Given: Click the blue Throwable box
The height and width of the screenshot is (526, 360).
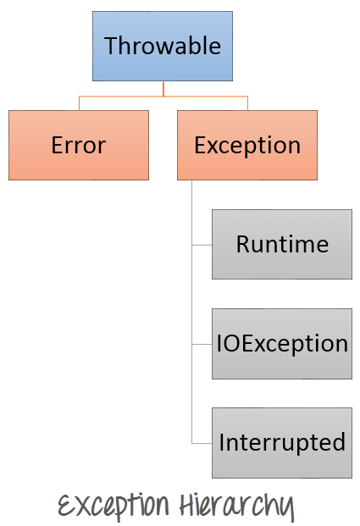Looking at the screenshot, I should pyautogui.click(x=163, y=46).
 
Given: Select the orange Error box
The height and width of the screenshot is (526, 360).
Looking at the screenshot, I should pyautogui.click(x=79, y=145).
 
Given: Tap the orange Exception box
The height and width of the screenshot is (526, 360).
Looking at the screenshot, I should pyautogui.click(x=247, y=145).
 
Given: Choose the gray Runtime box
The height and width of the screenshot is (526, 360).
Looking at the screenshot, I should pyautogui.click(x=282, y=244).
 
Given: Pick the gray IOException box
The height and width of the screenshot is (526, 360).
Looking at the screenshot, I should pyautogui.click(x=282, y=343).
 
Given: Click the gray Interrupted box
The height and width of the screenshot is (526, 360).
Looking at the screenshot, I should pyautogui.click(x=282, y=442).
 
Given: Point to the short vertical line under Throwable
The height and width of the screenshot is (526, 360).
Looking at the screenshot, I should pyautogui.click(x=163, y=89).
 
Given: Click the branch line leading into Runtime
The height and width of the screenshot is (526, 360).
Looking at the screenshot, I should pyautogui.click(x=202, y=245).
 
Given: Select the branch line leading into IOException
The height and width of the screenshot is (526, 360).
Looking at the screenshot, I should pyautogui.click(x=202, y=344).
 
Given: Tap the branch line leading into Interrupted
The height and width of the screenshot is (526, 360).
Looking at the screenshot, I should pyautogui.click(x=202, y=443).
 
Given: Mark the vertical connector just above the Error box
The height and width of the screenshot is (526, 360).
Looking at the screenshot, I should pyautogui.click(x=79, y=103).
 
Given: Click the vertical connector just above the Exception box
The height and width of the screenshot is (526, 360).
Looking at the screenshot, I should pyautogui.click(x=247, y=103).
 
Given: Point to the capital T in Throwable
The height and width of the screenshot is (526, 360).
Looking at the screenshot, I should pyautogui.click(x=110, y=46).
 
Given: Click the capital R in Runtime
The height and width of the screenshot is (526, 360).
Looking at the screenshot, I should pyautogui.click(x=242, y=245).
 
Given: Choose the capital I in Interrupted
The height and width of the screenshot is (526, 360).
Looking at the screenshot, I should pyautogui.click(x=222, y=442).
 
